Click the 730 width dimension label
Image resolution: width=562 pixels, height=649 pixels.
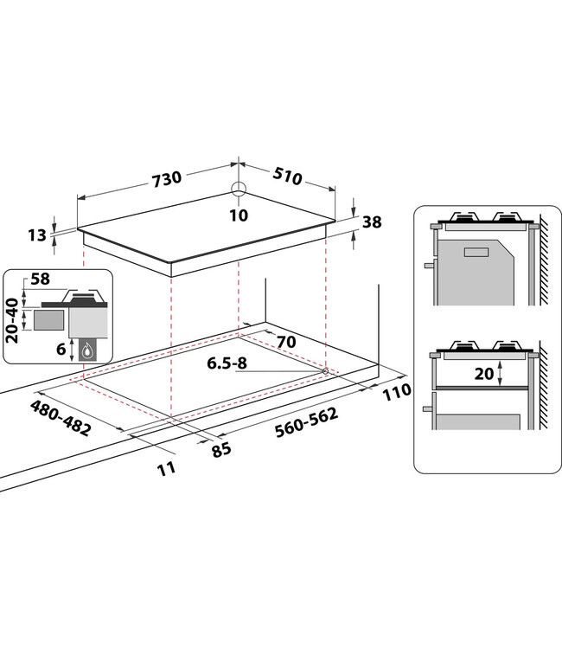point(167,179)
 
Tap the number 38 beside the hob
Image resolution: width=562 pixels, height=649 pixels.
point(372,222)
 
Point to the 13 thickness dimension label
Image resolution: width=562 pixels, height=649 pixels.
point(37,235)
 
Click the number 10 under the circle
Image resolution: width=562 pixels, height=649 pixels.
point(239,215)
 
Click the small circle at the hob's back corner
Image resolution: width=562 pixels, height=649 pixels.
point(239,189)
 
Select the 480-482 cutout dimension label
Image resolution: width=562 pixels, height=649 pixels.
point(61,418)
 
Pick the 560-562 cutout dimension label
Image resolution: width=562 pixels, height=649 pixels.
point(306,422)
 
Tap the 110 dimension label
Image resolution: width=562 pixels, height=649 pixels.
point(396,391)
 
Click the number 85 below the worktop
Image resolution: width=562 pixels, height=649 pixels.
point(221,449)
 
